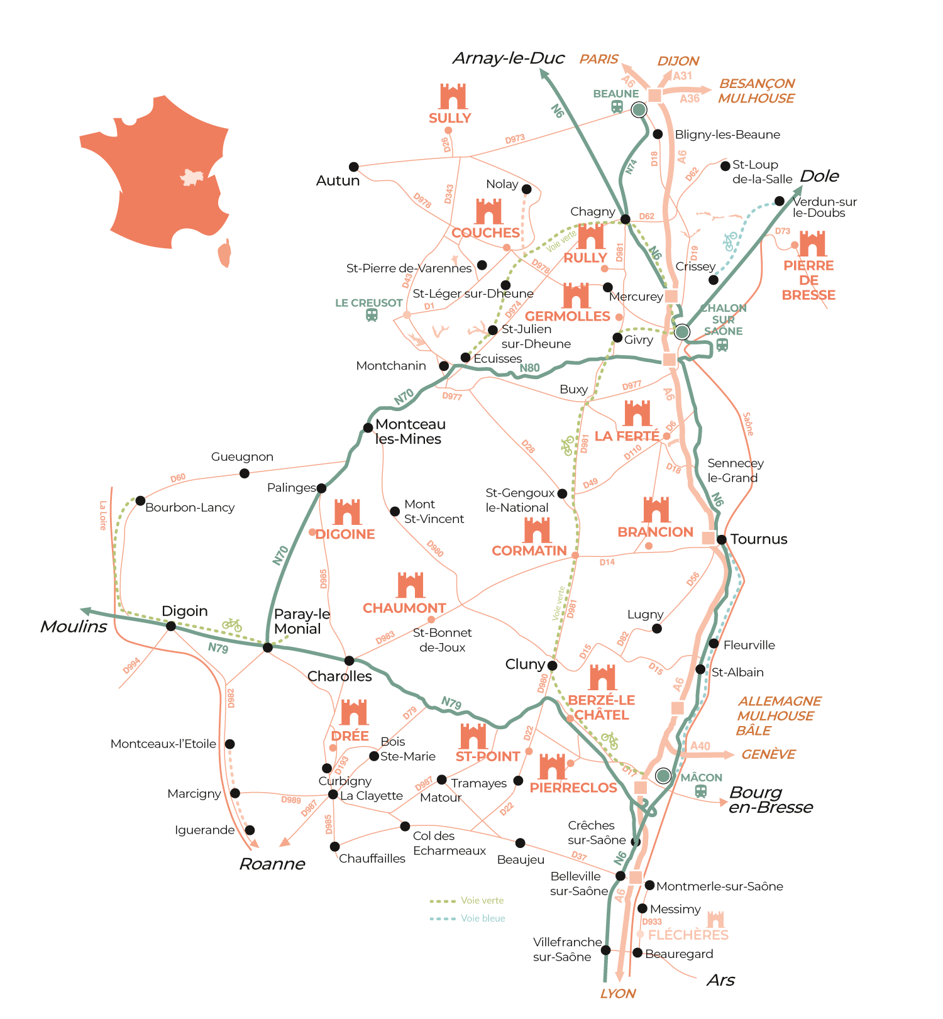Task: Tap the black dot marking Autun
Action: [354, 167]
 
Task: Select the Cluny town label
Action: [525, 664]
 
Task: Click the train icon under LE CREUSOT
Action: [372, 315]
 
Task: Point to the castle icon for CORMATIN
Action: [537, 531]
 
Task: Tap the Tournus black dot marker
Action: [722, 539]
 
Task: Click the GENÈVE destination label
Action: [768, 754]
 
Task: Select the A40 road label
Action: [700, 746]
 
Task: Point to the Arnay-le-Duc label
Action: [508, 58]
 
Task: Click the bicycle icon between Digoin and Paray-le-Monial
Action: [232, 624]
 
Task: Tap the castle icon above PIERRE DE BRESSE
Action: [812, 244]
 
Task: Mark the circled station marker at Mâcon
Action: [663, 776]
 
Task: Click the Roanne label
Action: [272, 864]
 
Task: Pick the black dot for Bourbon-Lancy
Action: [140, 501]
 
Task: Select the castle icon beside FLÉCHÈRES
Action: [715, 919]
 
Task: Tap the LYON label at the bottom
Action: [618, 994]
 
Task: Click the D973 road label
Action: [515, 139]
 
